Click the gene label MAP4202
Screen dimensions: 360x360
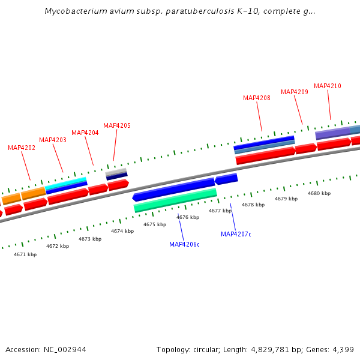point(22,148)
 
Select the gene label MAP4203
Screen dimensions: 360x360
point(53,140)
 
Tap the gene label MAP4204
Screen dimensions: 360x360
point(85,133)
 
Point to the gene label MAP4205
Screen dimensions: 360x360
point(117,125)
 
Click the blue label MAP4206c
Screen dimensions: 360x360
point(184,244)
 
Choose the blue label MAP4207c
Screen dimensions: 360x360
point(236,234)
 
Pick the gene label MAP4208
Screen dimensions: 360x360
point(257,98)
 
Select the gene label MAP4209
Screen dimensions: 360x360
point(295,92)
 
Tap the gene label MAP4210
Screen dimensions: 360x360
point(328,86)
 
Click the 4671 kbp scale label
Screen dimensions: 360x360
point(25,254)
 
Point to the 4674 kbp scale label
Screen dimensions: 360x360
point(122,231)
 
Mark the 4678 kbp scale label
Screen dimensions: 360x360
point(253,205)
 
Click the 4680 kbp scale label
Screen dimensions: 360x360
point(319,193)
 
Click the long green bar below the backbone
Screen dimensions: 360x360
point(175,200)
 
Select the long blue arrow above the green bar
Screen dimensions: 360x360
point(174,188)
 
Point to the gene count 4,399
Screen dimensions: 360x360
point(344,349)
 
